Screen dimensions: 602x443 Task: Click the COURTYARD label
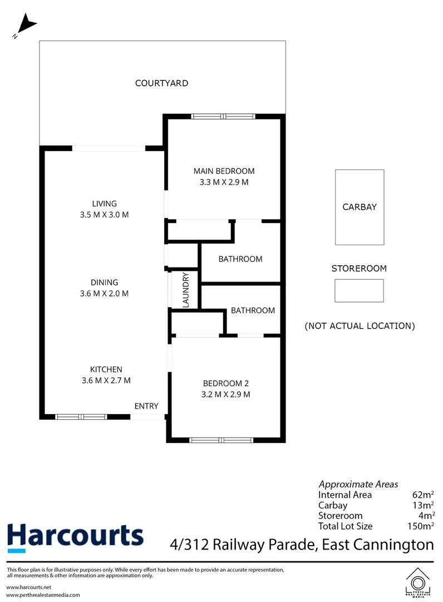(x=161, y=84)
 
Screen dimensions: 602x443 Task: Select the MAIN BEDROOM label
(x=224, y=171)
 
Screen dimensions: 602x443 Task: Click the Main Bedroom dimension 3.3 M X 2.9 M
(x=224, y=182)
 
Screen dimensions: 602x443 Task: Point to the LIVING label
(x=105, y=203)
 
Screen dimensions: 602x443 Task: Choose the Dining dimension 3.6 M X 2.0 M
(x=105, y=293)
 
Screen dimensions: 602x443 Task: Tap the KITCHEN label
(x=106, y=370)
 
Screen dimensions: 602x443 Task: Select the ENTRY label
(x=146, y=406)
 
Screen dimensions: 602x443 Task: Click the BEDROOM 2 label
(x=226, y=383)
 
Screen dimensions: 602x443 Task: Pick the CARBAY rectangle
(x=360, y=207)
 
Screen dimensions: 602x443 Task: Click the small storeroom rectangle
(x=359, y=290)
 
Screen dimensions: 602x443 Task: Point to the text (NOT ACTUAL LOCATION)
(x=360, y=326)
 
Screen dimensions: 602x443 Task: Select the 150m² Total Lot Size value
(x=421, y=526)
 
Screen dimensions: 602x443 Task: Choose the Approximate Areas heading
(x=358, y=484)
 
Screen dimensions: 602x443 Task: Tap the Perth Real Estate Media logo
(x=418, y=582)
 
